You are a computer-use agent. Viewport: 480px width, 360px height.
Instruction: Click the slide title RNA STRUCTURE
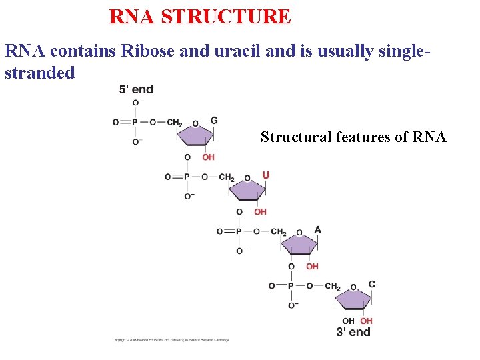(200, 17)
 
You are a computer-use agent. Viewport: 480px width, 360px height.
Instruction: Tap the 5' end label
(136, 89)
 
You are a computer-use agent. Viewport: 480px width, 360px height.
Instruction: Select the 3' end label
(353, 332)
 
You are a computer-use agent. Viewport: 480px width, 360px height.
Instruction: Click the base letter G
(214, 121)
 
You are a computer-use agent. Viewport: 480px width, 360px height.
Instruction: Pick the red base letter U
(266, 175)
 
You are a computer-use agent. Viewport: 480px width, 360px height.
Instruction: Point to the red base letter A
(317, 230)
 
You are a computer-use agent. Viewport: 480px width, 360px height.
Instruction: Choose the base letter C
(372, 284)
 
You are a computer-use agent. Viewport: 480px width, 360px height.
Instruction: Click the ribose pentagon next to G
(195, 137)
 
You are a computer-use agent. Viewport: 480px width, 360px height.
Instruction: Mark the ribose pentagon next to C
(353, 300)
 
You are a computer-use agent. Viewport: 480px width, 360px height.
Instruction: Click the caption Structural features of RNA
(353, 137)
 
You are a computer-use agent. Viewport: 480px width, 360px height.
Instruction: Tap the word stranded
(40, 73)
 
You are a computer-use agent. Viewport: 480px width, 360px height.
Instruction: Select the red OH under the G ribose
(208, 157)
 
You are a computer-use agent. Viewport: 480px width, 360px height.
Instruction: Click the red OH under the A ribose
(312, 267)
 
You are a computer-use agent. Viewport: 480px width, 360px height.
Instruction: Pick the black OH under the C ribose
(348, 321)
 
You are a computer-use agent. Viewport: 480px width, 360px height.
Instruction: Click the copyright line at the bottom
(171, 340)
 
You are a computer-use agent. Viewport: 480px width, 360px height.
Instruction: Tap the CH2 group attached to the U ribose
(227, 177)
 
